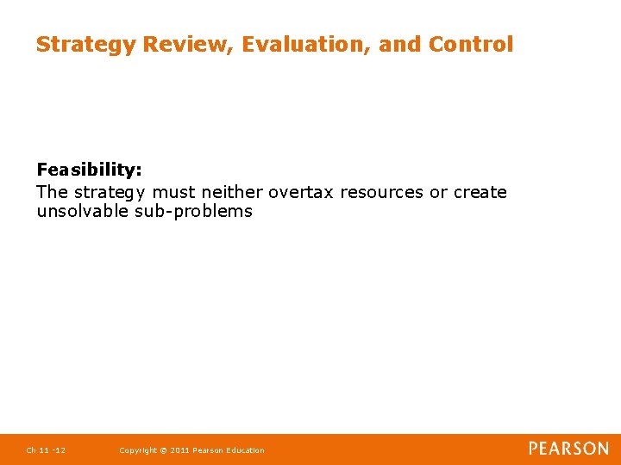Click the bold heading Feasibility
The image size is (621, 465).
pyautogui.click(x=89, y=170)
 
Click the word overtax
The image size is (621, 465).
pyautogui.click(x=302, y=192)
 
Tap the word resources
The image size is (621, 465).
pyautogui.click(x=381, y=192)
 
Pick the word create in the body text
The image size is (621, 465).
pyautogui.click(x=480, y=192)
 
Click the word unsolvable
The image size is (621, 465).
pyautogui.click(x=83, y=212)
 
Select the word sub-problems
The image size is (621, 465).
pyautogui.click(x=194, y=212)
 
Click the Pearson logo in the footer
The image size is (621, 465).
pyautogui.click(x=568, y=449)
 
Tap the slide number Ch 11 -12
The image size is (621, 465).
pyautogui.click(x=46, y=450)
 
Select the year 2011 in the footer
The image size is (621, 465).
pyautogui.click(x=181, y=450)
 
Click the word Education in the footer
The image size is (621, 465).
pyautogui.click(x=245, y=450)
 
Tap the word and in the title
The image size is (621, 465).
pyautogui.click(x=398, y=44)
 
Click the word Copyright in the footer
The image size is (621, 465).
pyautogui.click(x=138, y=450)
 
